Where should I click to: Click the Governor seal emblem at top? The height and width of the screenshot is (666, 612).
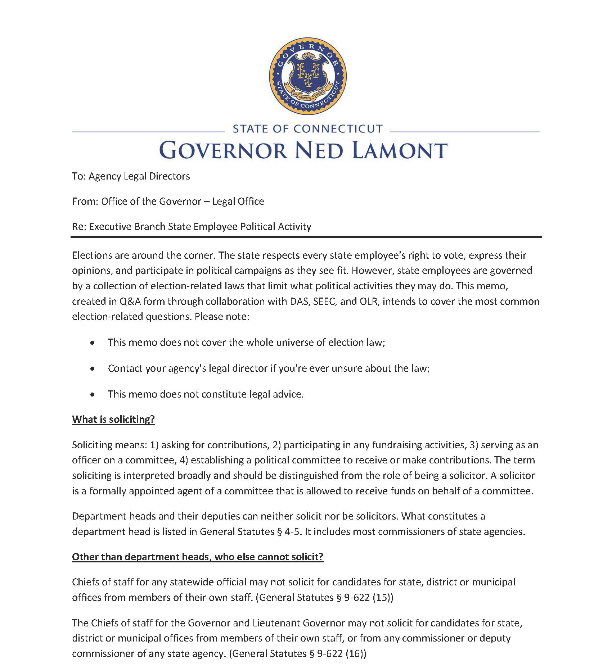tap(307, 76)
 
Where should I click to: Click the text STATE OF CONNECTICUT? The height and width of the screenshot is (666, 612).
tap(307, 129)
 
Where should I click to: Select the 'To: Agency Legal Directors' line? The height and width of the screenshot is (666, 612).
tap(131, 176)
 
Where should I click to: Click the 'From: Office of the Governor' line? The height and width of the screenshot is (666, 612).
tap(168, 201)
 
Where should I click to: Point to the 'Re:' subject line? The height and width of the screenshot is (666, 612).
tap(192, 227)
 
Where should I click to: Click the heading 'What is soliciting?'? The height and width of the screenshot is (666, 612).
tap(113, 419)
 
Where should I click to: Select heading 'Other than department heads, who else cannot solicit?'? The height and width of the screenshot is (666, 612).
tap(198, 557)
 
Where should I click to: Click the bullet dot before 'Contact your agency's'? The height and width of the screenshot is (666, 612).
tap(93, 369)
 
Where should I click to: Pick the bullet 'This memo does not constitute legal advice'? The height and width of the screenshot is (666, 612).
tap(206, 394)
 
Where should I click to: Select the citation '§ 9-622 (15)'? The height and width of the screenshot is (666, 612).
tap(364, 597)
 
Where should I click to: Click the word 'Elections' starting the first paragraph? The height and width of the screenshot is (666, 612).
tap(92, 255)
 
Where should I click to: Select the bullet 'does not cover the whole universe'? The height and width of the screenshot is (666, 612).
tap(247, 342)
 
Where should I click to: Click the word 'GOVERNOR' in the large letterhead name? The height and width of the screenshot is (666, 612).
tap(223, 150)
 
